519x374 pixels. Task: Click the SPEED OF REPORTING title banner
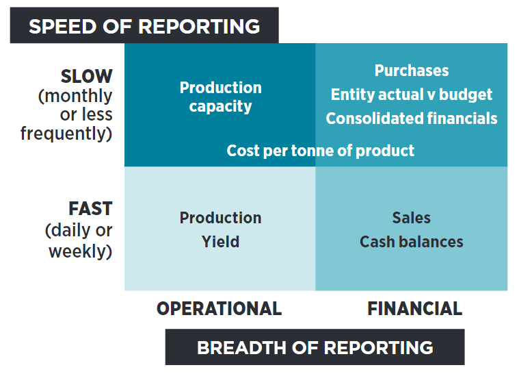coord(144,26)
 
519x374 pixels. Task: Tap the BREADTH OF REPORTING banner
coord(315,347)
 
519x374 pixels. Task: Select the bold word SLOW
coord(86,76)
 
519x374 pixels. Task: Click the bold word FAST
coord(90,208)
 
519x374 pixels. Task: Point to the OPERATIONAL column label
coord(219,309)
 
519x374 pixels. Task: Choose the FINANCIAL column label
coord(414,309)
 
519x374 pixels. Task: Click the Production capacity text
coord(220,97)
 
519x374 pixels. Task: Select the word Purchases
coord(412,71)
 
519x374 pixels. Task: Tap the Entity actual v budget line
coord(412,95)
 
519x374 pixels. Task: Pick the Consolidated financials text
coord(412,119)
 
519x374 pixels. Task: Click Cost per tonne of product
coord(320,151)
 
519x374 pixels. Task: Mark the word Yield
coord(220,242)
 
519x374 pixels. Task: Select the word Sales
coord(412,218)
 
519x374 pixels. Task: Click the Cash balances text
coord(412,242)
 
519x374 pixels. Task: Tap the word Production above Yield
coord(220,218)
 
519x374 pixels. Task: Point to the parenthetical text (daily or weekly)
coord(79,241)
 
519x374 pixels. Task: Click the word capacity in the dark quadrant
coord(220,107)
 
